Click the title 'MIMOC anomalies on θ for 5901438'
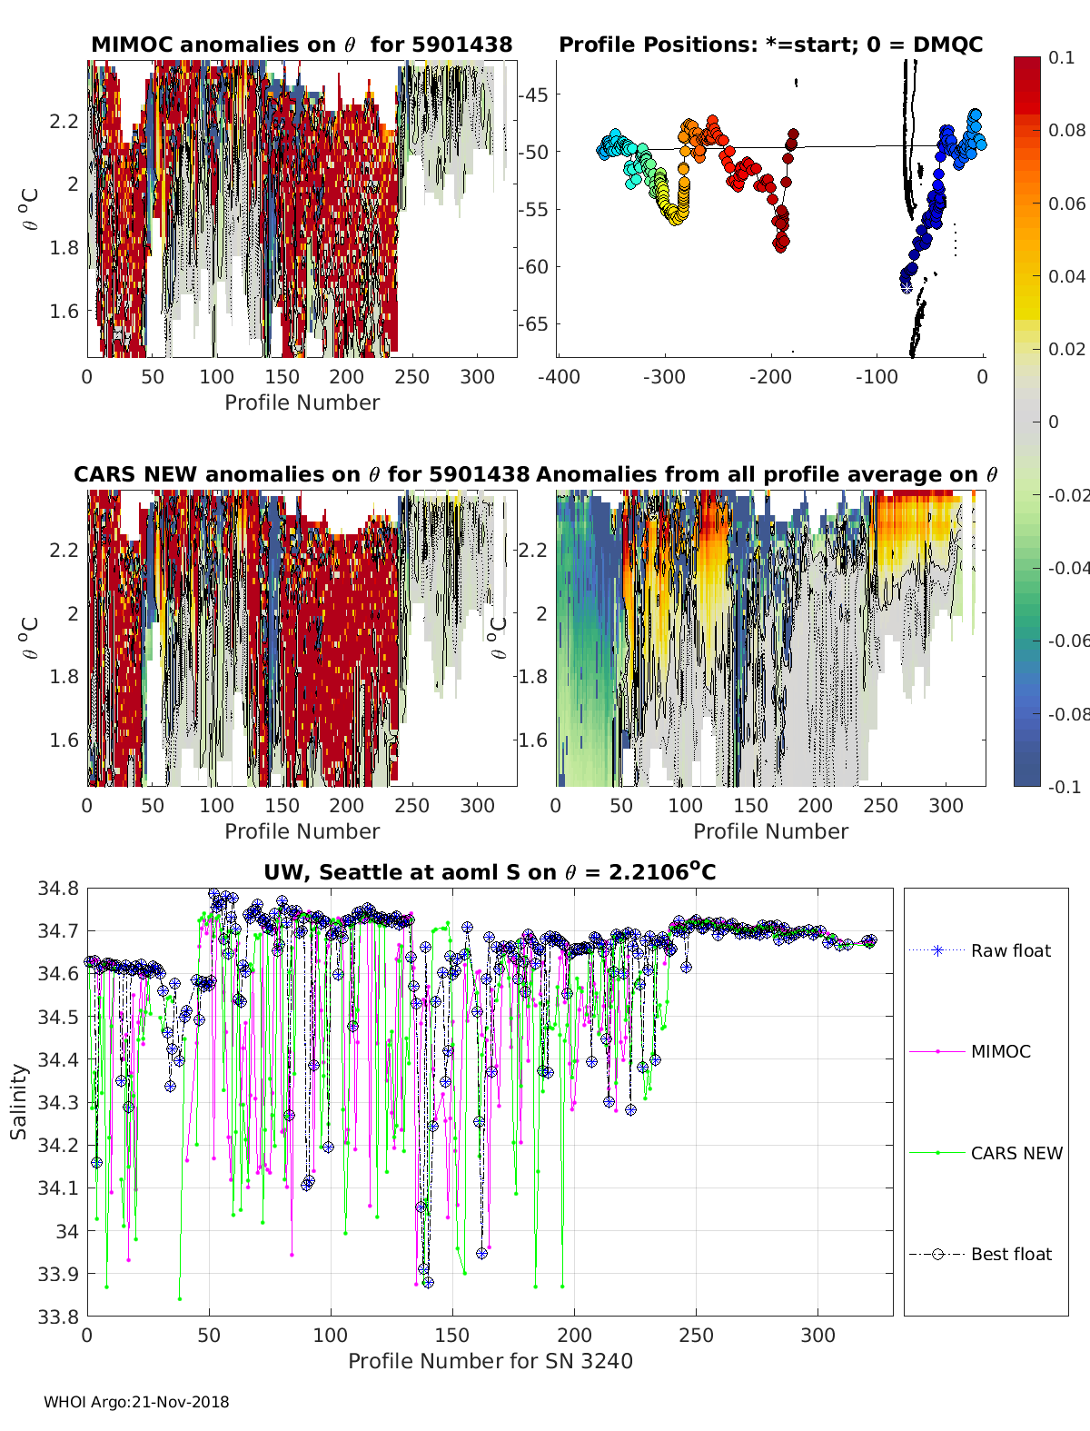(302, 45)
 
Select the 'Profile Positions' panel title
(770, 45)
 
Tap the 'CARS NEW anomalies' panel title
(302, 474)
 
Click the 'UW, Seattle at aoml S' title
(490, 872)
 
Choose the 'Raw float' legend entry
(1010, 950)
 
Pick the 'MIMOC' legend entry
(1000, 1051)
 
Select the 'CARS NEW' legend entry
(1016, 1153)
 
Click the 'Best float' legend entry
(1011, 1254)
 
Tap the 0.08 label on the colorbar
(1066, 130)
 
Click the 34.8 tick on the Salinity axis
(58, 888)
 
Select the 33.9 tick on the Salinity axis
(58, 1274)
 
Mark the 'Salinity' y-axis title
(19, 1101)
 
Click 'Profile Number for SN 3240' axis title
(490, 1361)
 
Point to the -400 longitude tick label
(559, 376)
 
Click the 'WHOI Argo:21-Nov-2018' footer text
(136, 1402)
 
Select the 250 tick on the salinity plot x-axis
(696, 1335)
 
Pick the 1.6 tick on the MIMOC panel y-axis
(64, 311)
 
